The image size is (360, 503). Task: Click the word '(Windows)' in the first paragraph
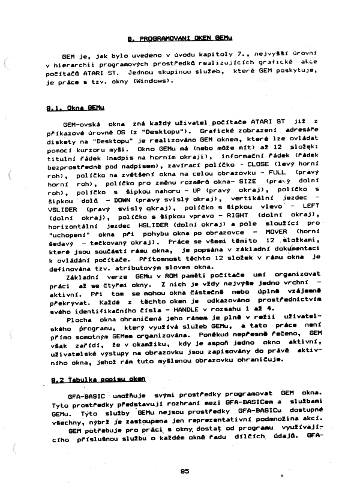tap(155, 82)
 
